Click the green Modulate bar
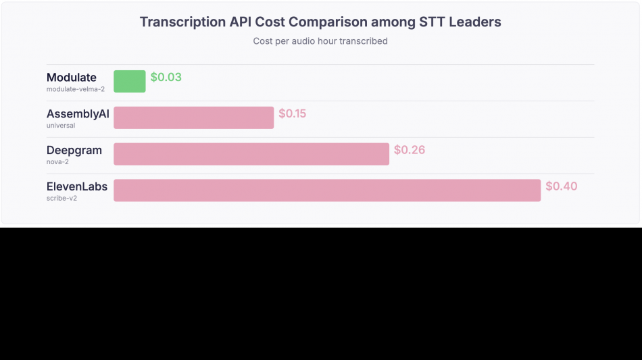[x=130, y=81]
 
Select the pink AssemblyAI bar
[x=194, y=118]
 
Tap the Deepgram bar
[x=251, y=154]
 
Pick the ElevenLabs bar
[x=327, y=190]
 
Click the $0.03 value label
[x=166, y=77]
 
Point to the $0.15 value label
[x=293, y=113]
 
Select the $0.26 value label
[x=410, y=150]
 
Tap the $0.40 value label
[x=562, y=186]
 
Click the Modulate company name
[x=72, y=77]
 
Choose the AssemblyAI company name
[x=78, y=113]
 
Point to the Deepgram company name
[x=74, y=150]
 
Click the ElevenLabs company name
[x=77, y=186]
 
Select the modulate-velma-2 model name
[x=76, y=89]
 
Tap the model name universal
[x=61, y=126]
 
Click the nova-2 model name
[x=58, y=162]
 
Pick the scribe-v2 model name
[x=61, y=199]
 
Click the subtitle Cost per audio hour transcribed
[x=320, y=41]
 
